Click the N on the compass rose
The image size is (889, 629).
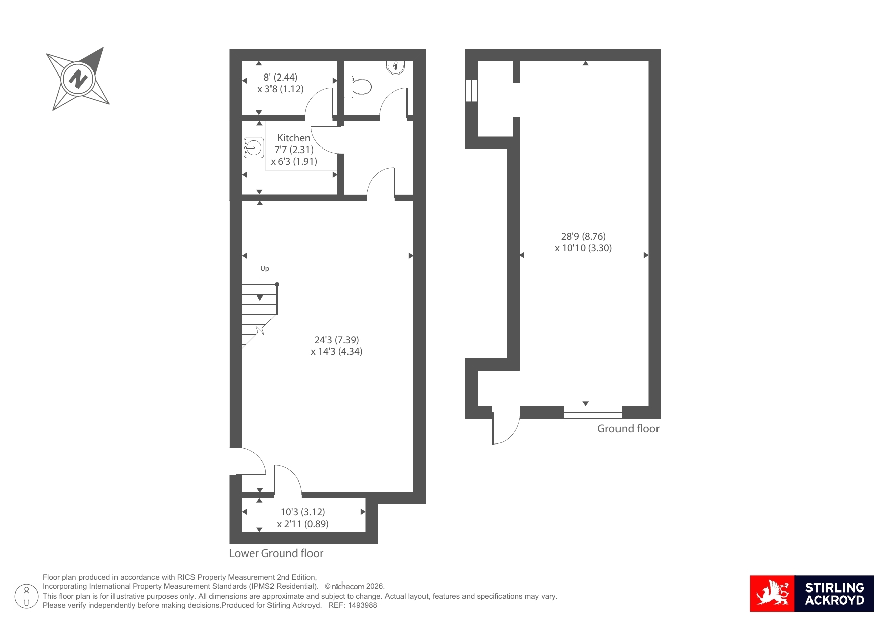[78, 80]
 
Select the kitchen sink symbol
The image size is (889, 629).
[254, 148]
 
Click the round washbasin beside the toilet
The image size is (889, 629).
[396, 68]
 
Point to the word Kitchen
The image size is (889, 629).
[294, 138]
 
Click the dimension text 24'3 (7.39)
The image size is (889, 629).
[336, 340]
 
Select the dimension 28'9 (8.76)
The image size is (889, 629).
[584, 236]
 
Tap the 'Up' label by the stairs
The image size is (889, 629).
[265, 269]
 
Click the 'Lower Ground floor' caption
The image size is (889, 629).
[276, 553]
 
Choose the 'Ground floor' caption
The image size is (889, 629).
[628, 429]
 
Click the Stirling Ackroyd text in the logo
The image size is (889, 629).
[834, 594]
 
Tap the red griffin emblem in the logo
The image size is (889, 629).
[772, 594]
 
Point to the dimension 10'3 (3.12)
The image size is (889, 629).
[303, 512]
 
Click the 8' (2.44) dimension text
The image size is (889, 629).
[281, 77]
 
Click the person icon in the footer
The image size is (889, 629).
[26, 597]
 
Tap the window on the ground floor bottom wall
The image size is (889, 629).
[593, 412]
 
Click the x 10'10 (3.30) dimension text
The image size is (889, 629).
[584, 248]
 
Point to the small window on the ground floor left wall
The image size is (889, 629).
[471, 91]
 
